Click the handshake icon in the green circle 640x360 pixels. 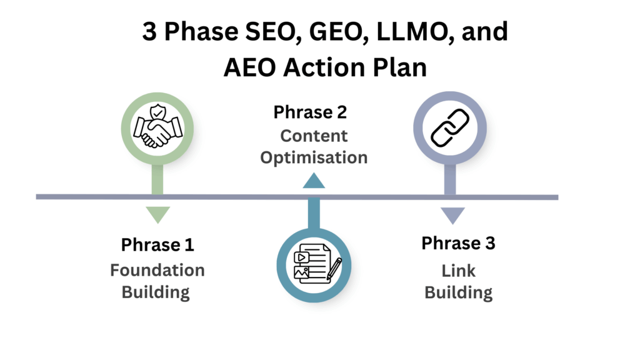point(156,129)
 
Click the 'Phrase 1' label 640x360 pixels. point(157,244)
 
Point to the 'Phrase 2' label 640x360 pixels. point(310,112)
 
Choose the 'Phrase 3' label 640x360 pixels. point(458,243)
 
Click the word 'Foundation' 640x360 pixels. point(157,270)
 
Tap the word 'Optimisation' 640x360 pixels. point(314,157)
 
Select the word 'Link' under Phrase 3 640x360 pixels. point(459,270)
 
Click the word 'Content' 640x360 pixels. point(314,136)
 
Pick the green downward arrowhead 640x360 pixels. point(157,215)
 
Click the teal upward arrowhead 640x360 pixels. point(314,181)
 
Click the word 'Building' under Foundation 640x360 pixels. point(156,292)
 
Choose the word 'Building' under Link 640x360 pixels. point(459,292)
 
